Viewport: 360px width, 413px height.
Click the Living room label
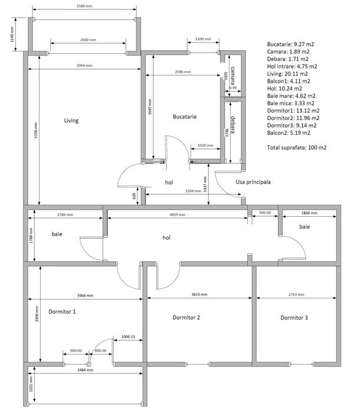coord(71,121)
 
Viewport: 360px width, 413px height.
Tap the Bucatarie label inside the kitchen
coord(185,117)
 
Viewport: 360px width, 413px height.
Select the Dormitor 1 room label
coord(62,311)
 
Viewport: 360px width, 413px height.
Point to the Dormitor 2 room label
coord(186,318)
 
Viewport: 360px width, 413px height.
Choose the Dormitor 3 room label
coord(294,318)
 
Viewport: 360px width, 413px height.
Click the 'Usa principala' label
coord(253,182)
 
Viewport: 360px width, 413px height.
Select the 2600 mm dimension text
coord(88,40)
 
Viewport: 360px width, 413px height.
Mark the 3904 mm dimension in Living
coord(84,66)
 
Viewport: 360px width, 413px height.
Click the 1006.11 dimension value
coord(128,336)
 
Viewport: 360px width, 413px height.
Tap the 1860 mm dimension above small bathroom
coord(309,213)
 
